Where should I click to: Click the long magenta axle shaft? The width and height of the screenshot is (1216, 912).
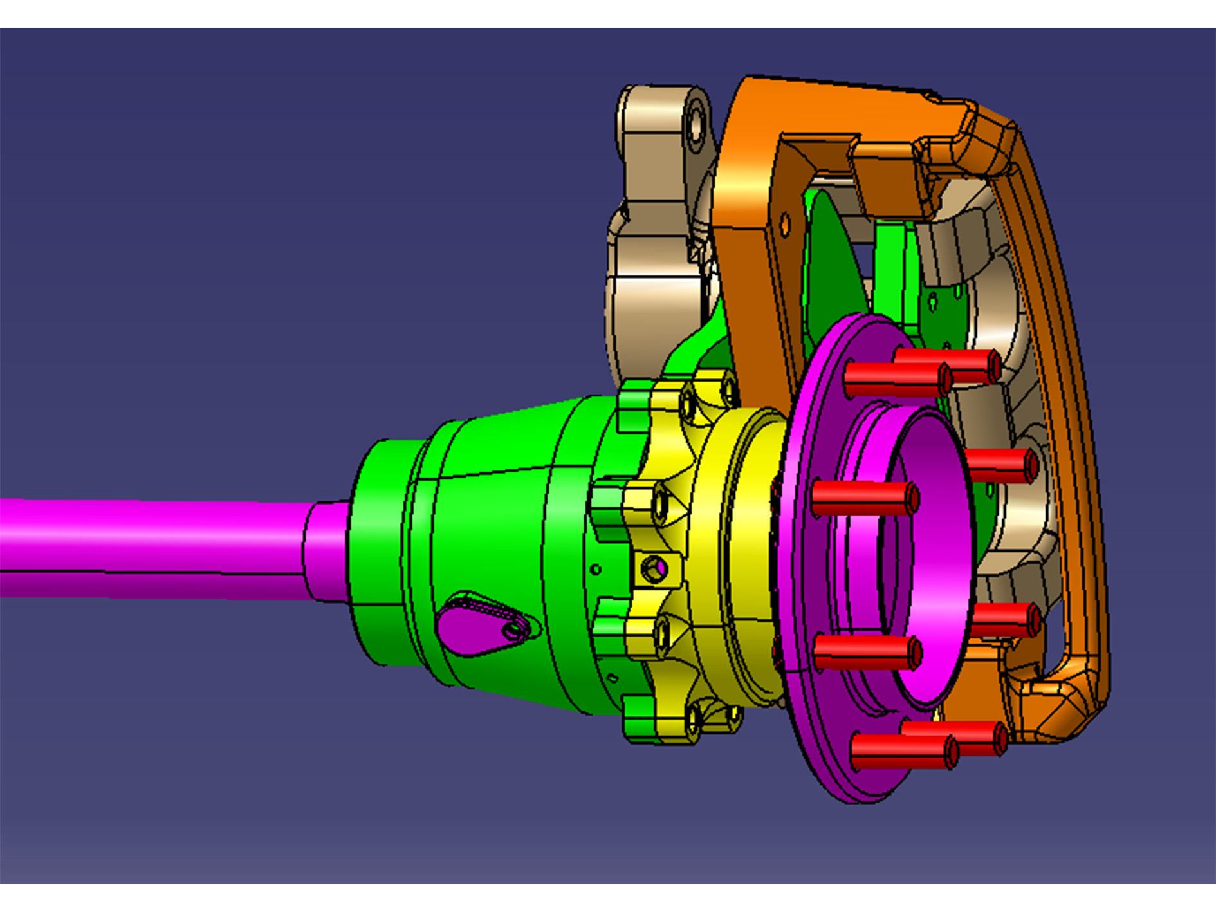(148, 547)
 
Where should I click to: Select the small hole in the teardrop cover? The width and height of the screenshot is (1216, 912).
(513, 630)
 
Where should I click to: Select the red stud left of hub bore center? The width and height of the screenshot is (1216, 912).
(862, 499)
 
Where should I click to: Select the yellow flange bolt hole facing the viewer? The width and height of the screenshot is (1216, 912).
(655, 569)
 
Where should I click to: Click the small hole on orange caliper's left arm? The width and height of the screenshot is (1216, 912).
(784, 224)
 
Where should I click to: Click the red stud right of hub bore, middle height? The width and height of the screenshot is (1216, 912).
(1000, 465)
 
